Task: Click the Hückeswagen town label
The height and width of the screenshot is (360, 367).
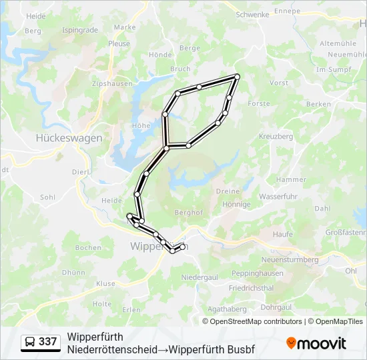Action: pos(69,138)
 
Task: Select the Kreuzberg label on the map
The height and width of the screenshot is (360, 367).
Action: pos(276,136)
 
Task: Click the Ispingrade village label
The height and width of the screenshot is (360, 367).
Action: pos(79,30)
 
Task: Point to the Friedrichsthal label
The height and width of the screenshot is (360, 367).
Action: pos(251,288)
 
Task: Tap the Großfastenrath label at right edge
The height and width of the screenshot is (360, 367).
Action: pos(346,233)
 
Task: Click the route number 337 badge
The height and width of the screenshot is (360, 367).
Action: pos(47,341)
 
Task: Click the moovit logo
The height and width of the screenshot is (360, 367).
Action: pos(316,343)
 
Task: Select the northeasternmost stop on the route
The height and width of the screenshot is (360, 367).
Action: pos(237,77)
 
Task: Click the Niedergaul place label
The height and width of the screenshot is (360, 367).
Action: pos(199,276)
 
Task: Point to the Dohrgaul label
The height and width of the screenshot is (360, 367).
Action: pos(276,307)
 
